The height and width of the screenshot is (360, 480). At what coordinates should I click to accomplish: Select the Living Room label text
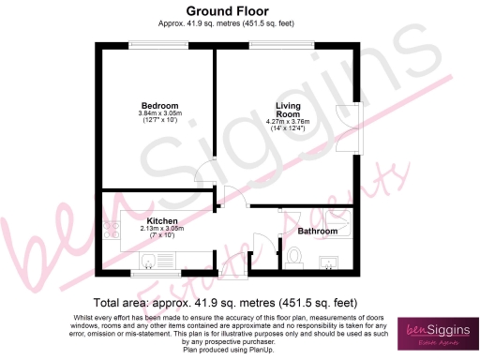pos(288,109)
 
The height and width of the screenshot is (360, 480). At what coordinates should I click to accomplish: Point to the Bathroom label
pos(319,230)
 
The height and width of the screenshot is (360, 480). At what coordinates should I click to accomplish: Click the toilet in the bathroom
pos(293,254)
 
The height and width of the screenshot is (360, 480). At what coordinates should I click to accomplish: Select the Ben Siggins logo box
pos(437,334)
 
